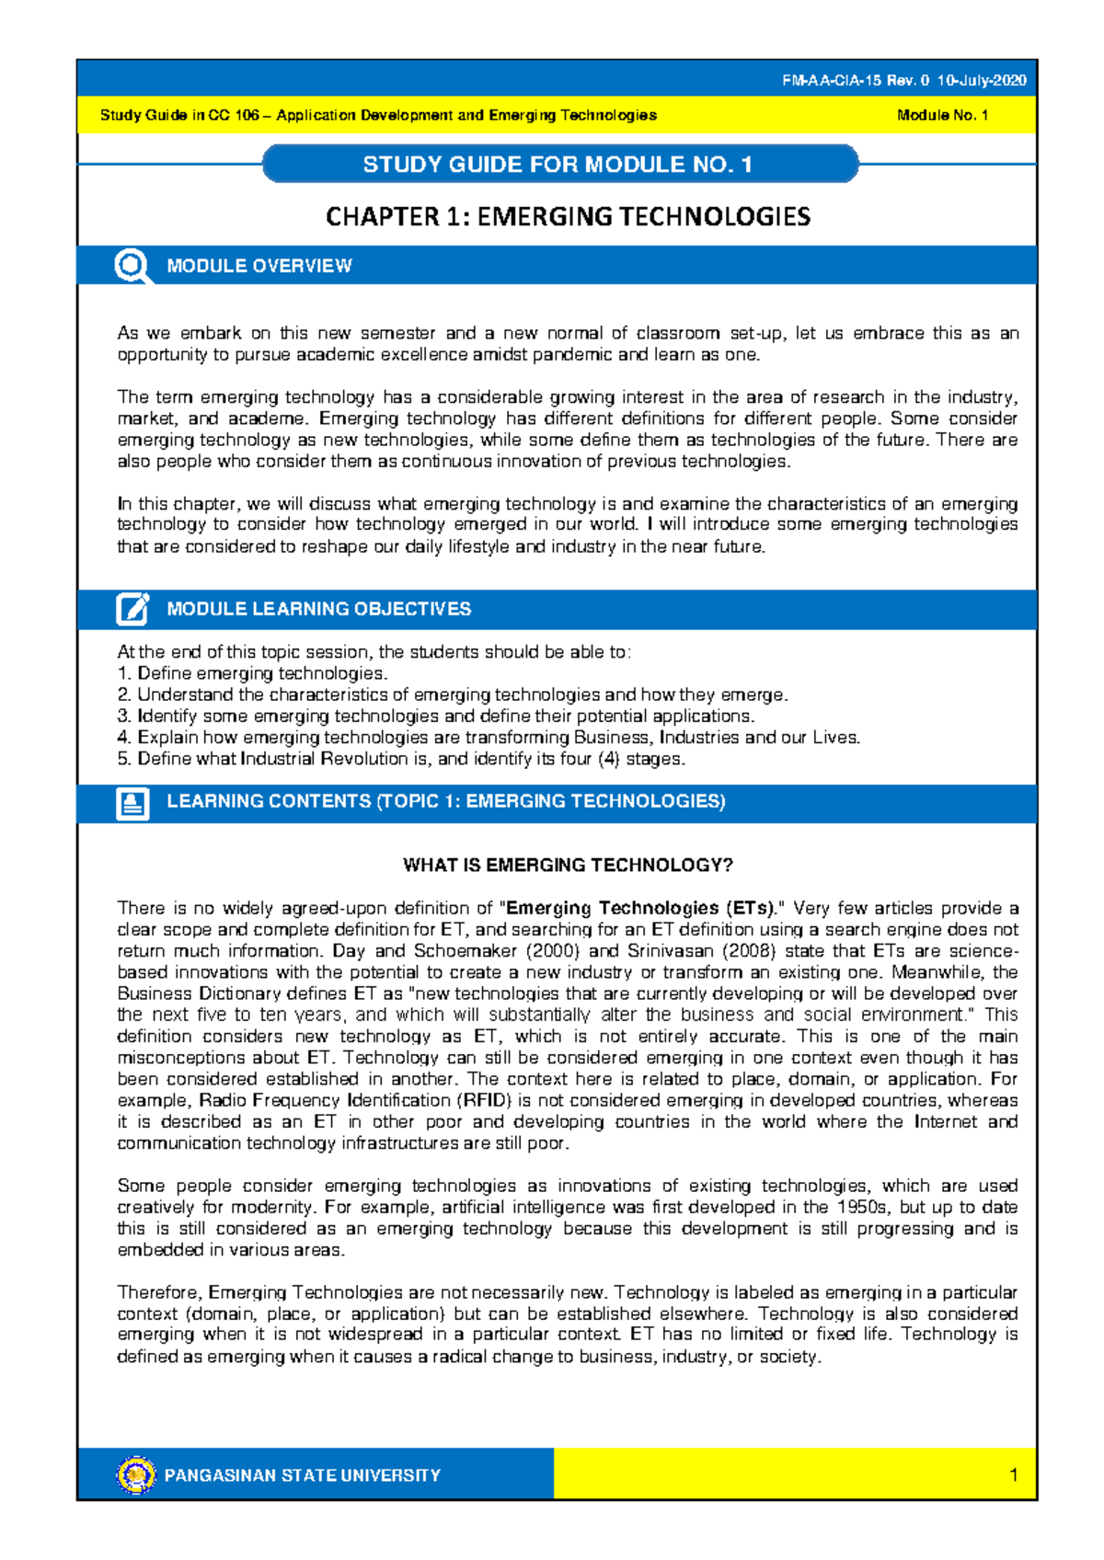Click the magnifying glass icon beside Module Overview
(132, 266)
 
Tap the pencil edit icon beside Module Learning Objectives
(132, 609)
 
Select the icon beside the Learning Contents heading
(132, 803)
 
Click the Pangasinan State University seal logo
(136, 1475)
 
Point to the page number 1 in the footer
(1013, 1475)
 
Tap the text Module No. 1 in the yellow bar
(942, 115)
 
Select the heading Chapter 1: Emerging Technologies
(568, 217)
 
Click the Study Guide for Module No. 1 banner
(558, 165)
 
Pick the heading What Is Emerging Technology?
(568, 866)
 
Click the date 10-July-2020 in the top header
(982, 81)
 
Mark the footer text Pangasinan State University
(302, 1475)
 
